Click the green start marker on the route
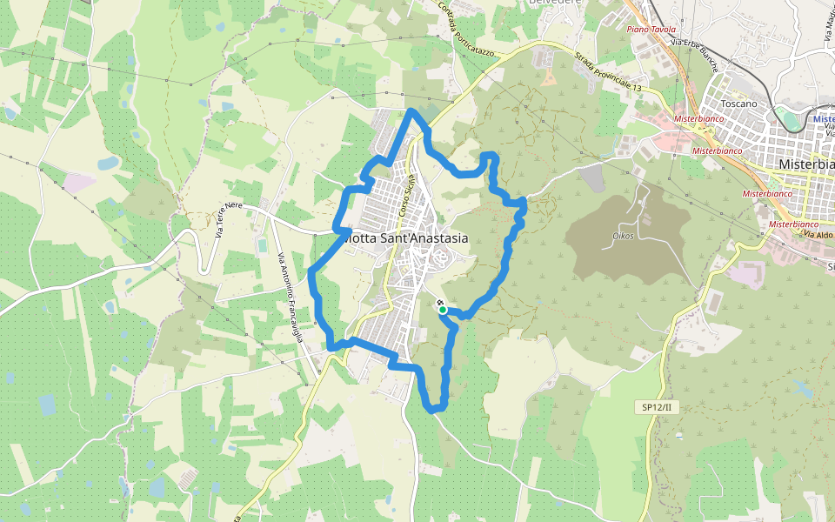click(x=442, y=310)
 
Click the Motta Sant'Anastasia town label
click(x=404, y=238)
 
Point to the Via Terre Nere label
click(x=228, y=218)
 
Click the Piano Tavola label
click(x=651, y=30)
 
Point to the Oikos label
click(x=623, y=236)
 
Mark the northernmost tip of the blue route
click(x=412, y=110)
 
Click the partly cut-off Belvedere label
click(x=554, y=3)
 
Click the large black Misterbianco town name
click(x=807, y=164)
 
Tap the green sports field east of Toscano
click(x=786, y=118)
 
